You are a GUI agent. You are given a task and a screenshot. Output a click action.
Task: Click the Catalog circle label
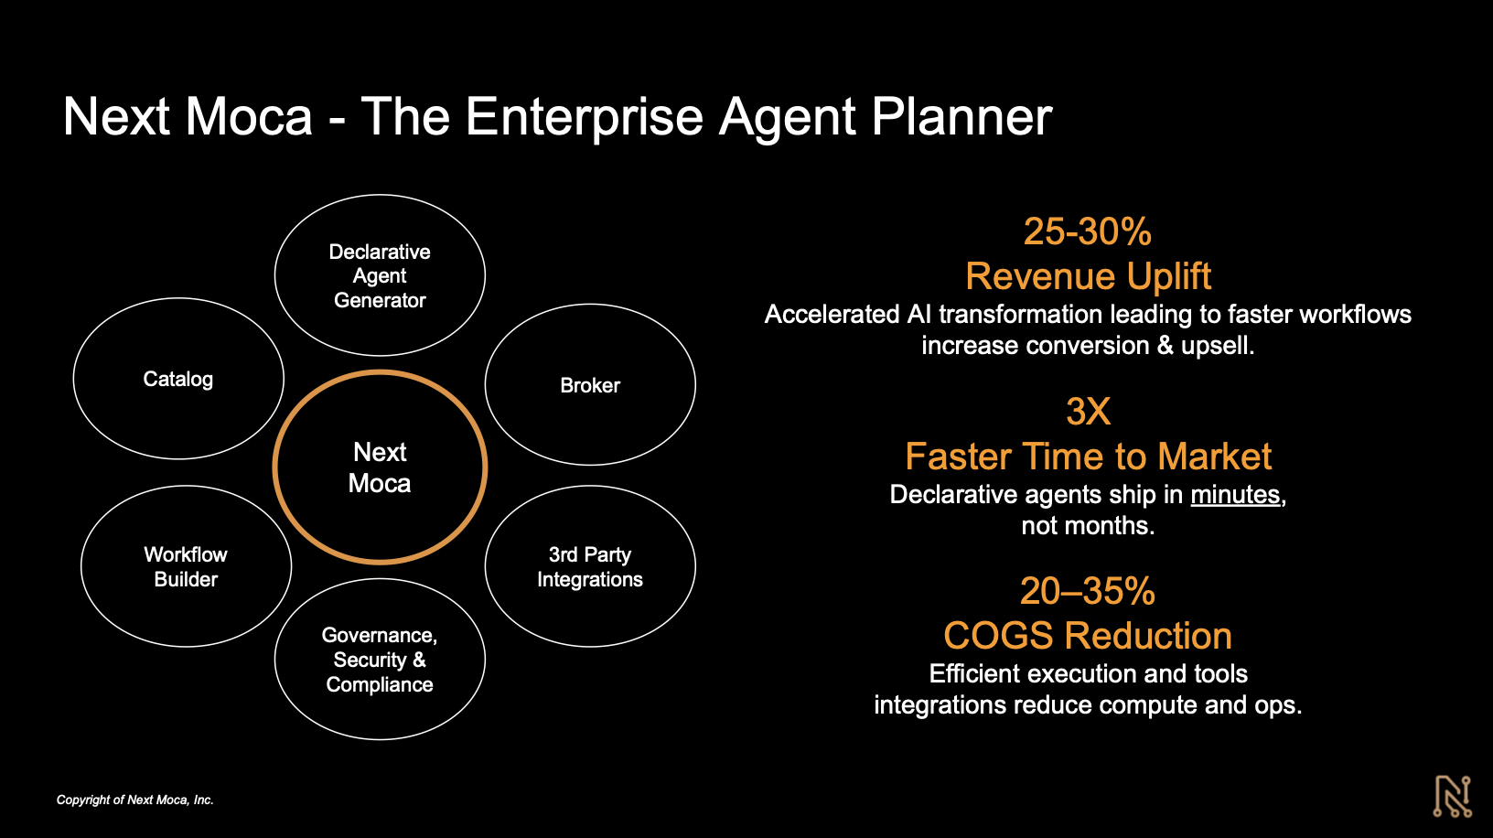[178, 379]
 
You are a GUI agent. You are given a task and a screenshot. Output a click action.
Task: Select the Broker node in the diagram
[590, 385]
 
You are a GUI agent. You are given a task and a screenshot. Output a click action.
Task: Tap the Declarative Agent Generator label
[380, 275]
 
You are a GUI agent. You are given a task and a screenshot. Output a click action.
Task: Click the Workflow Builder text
[186, 566]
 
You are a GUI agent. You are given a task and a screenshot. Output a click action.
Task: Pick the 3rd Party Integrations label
[590, 566]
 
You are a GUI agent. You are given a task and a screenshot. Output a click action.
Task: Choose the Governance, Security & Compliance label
[380, 660]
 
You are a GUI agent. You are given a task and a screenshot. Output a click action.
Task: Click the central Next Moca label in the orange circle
[380, 467]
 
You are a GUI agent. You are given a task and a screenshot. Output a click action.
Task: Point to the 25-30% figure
[1087, 231]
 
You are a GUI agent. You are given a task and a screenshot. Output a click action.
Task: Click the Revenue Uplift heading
[1088, 276]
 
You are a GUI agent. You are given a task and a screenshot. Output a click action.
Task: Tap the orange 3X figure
[1088, 412]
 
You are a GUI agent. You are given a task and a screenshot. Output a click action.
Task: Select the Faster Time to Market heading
[1088, 457]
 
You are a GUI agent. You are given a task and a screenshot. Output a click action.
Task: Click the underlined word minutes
[1235, 495]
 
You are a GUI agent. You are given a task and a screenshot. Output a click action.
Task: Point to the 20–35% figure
[1087, 591]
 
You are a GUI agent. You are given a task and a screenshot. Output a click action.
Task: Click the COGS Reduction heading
[1088, 636]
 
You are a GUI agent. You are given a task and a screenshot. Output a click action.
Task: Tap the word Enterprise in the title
[585, 117]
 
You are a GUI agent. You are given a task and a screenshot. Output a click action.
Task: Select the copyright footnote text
[135, 800]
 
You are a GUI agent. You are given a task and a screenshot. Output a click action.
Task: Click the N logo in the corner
[1452, 796]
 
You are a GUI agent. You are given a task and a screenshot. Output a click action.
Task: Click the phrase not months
[1088, 526]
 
